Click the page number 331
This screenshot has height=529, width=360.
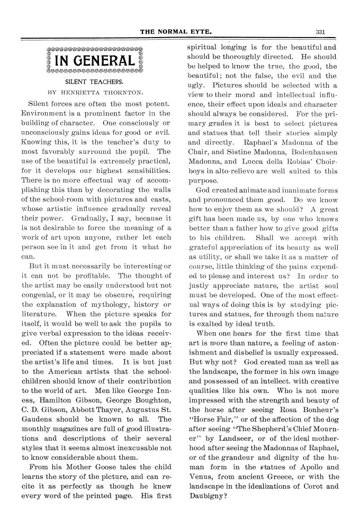click(319, 31)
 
